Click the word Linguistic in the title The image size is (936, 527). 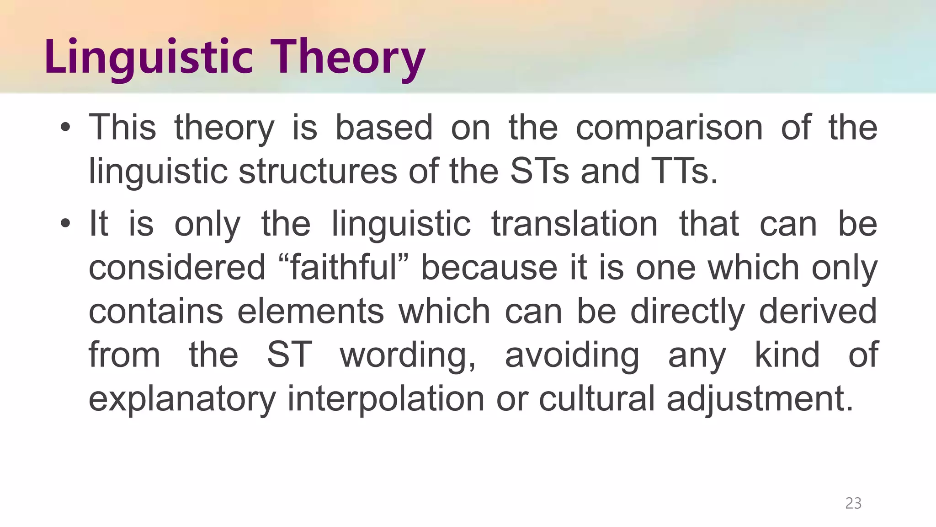pos(149,57)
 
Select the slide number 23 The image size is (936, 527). pos(853,503)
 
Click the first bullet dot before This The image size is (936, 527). pos(65,128)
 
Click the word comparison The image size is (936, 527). pos(669,128)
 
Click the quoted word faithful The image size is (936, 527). pos(344,268)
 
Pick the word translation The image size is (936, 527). pos(574,224)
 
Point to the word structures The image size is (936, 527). pos(318,171)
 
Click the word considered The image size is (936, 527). pos(177,268)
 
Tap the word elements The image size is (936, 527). pos(311,311)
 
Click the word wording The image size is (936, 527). pos(408,355)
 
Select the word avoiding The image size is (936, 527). pos(572,355)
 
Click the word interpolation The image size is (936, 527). pos(386,398)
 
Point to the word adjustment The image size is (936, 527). pos(760,398)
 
